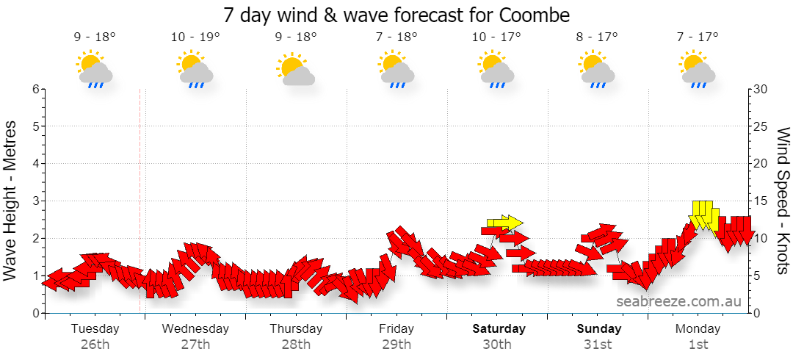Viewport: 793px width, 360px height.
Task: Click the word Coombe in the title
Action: pyautogui.click(x=535, y=15)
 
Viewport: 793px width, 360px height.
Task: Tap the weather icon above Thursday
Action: pyautogui.click(x=296, y=69)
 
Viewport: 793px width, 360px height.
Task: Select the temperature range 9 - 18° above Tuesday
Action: pyautogui.click(x=95, y=37)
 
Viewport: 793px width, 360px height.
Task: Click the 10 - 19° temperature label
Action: pyautogui.click(x=195, y=37)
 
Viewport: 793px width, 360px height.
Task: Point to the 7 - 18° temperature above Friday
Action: pyautogui.click(x=396, y=37)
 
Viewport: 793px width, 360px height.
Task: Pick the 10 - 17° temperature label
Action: pyautogui.click(x=496, y=37)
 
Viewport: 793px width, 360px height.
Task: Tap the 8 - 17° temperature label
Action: pyautogui.click(x=597, y=37)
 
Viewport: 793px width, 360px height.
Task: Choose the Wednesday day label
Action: pyautogui.click(x=195, y=328)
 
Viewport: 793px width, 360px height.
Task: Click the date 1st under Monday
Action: pyautogui.click(x=698, y=345)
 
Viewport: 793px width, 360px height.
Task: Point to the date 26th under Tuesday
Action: pyautogui.click(x=95, y=345)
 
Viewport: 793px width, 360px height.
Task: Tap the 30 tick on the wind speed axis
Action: pyautogui.click(x=761, y=89)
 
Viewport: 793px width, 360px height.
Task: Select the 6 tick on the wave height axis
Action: pyautogui.click(x=36, y=89)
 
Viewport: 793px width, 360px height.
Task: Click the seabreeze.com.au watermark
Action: pyautogui.click(x=678, y=302)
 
